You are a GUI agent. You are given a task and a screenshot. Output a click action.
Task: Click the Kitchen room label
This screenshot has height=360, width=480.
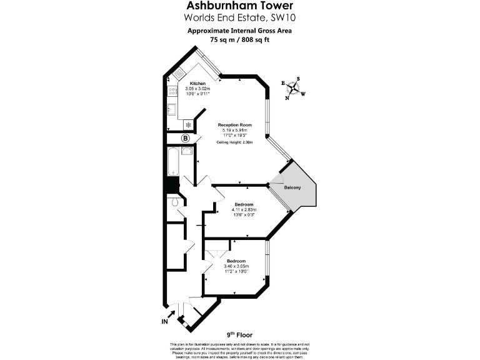coord(197,84)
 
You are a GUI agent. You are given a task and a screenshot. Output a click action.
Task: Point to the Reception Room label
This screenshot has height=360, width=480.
coord(234,124)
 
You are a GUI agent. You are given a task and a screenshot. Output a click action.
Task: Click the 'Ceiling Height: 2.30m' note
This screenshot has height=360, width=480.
coord(234,142)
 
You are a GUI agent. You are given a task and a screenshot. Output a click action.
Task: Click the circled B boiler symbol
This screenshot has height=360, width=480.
coord(185,138)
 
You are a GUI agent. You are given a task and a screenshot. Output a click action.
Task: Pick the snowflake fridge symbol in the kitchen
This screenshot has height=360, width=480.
coord(186,124)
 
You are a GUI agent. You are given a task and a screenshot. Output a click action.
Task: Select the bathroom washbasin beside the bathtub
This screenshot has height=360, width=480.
coord(186,151)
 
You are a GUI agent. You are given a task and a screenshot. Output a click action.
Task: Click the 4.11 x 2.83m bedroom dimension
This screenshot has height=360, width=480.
coord(244,209)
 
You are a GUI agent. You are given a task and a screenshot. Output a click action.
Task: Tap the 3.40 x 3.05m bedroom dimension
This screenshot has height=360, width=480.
coord(236,266)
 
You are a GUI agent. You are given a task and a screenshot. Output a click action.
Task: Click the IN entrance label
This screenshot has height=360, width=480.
coord(166,322)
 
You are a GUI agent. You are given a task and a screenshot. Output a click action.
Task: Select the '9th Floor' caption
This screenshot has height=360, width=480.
coord(240,335)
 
